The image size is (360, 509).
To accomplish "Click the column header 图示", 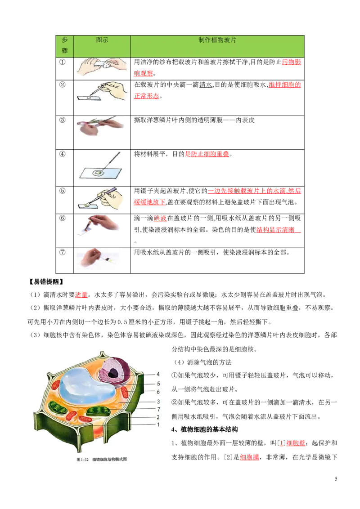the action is [102, 40].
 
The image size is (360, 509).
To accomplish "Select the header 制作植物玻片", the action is [217, 40].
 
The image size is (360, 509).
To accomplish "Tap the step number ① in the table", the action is [62, 62].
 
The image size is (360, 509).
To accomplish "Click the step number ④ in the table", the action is [62, 154].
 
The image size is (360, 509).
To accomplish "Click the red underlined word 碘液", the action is [160, 218].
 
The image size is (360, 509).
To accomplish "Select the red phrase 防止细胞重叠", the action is [210, 154].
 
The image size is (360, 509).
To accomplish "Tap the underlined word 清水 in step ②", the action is [205, 85].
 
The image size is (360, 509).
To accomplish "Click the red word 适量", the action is [81, 295].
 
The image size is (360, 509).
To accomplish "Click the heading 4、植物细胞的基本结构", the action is [204, 429].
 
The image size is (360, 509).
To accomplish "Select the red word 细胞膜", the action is [250, 457].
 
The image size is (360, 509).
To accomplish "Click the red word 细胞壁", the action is [296, 443].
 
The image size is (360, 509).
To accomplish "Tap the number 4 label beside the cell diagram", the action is [158, 374].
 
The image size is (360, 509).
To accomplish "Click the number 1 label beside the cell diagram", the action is [158, 424].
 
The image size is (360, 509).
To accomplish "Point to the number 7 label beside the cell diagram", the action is [158, 409].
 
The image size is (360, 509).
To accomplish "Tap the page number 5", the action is [336, 478].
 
